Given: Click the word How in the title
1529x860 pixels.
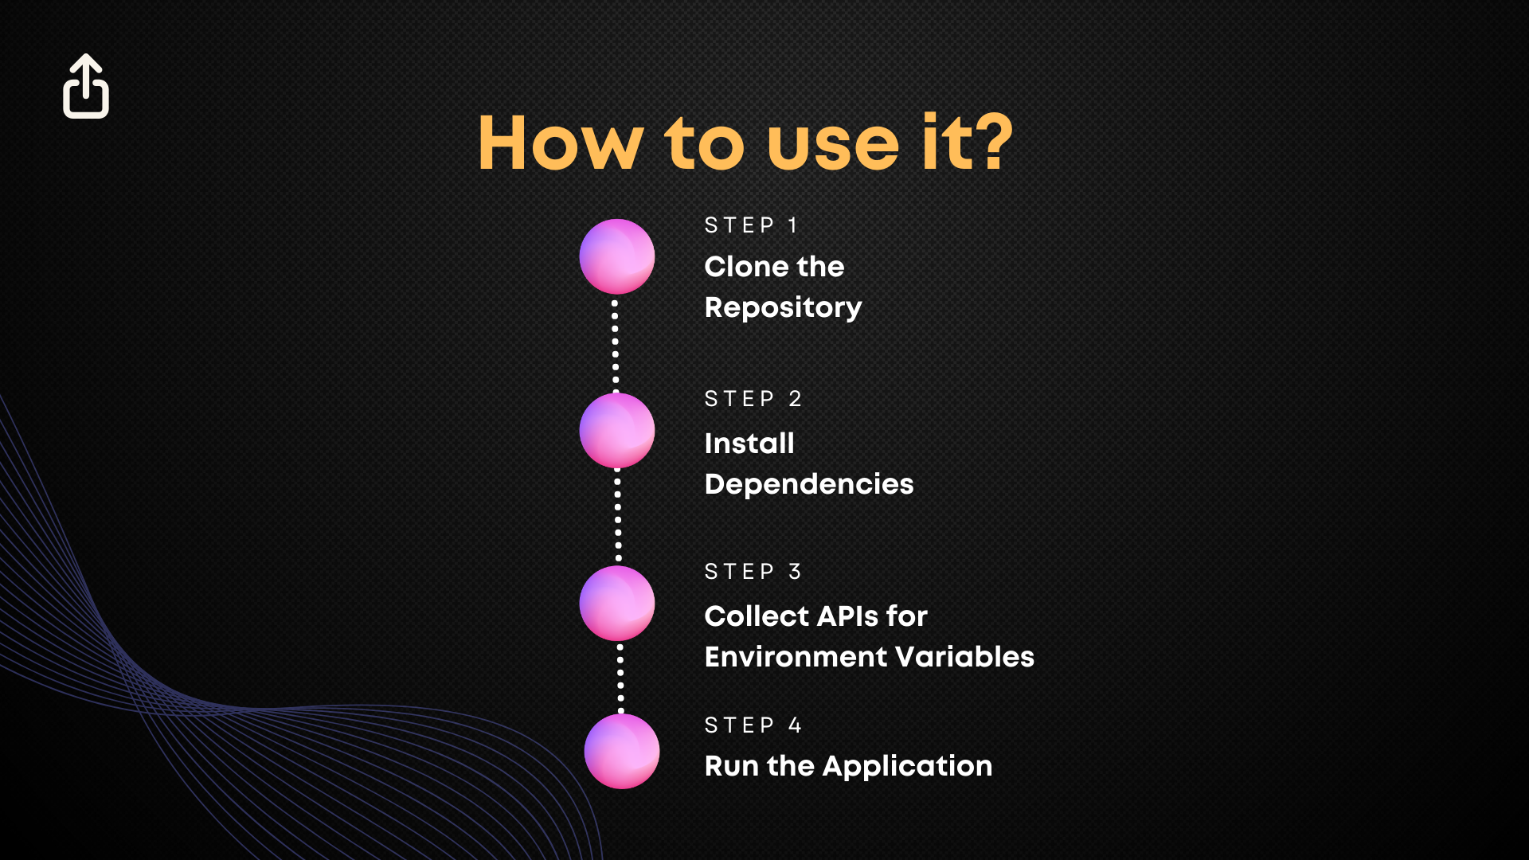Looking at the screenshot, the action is pyautogui.click(x=561, y=143).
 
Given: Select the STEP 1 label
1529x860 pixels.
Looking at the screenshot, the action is pyautogui.click(x=751, y=225).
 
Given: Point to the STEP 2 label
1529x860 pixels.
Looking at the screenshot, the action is pyautogui.click(x=753, y=398).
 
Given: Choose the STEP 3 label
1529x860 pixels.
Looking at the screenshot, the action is pyautogui.click(x=753, y=572).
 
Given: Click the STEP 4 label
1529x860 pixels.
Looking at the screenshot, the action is pyautogui.click(x=753, y=725).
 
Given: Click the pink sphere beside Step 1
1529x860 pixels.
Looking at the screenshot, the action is pyautogui.click(x=617, y=256).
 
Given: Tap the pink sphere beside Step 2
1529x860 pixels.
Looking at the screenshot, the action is pyautogui.click(x=617, y=430).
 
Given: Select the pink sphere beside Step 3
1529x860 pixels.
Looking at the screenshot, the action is pyautogui.click(x=617, y=603).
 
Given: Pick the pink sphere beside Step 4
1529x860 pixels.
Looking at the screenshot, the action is pyautogui.click(x=622, y=751).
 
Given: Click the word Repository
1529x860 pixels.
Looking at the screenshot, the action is pyautogui.click(x=784, y=308).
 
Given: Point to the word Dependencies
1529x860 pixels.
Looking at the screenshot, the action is pyautogui.click(x=809, y=485).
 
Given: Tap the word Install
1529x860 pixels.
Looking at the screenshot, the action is pyautogui.click(x=749, y=443).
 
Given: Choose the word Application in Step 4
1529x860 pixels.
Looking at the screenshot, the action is pyautogui.click(x=908, y=767).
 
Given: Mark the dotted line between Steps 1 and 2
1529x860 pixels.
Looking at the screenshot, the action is pyautogui.click(x=615, y=344).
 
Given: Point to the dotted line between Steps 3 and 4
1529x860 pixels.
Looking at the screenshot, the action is pyautogui.click(x=620, y=678).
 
